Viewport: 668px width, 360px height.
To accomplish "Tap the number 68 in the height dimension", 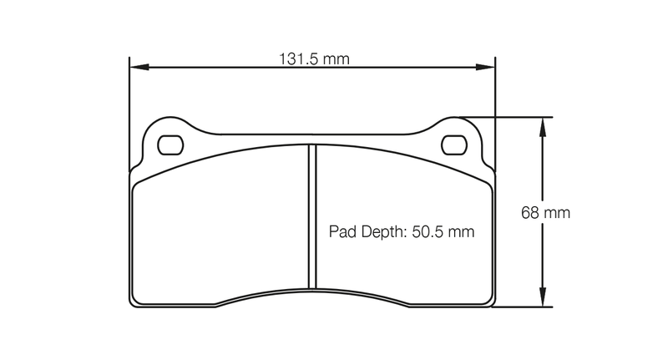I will coord(530,213).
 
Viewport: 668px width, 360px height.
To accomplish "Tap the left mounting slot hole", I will coord(170,144).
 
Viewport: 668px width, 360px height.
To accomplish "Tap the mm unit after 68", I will coord(556,213).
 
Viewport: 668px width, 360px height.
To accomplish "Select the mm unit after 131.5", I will coord(336,59).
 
